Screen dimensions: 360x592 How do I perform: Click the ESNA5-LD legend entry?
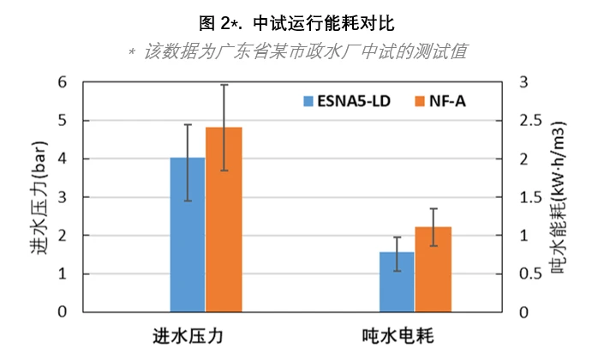coord(347,100)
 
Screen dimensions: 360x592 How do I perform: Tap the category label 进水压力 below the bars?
coord(206,335)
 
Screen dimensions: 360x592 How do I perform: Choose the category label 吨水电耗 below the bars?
coord(415,335)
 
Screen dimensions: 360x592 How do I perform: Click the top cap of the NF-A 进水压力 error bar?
coord(224,85)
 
